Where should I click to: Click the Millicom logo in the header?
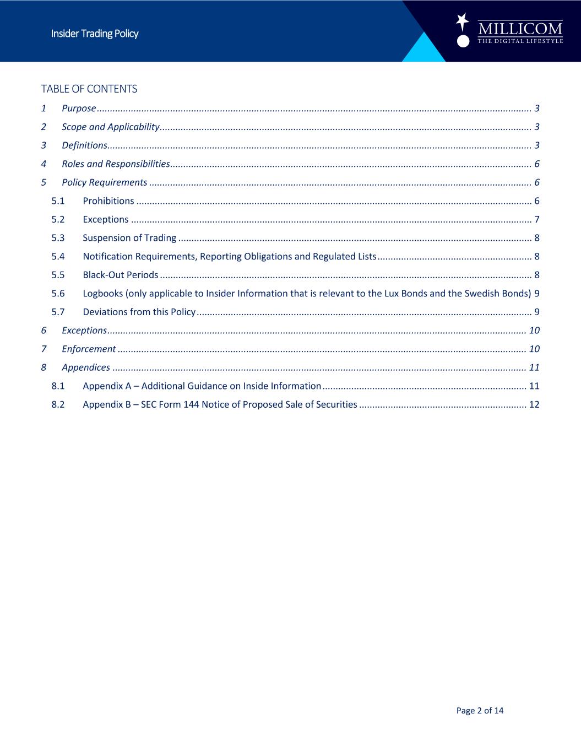(510, 31)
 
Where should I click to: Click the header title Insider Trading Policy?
(95, 34)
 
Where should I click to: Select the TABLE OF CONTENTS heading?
(89, 89)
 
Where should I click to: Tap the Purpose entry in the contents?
(79, 108)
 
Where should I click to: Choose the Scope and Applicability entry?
(110, 127)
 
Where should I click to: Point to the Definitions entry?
(84, 145)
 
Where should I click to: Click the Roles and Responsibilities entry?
(115, 164)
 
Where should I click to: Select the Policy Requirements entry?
(104, 182)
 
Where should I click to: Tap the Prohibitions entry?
(108, 201)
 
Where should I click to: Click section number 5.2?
(58, 219)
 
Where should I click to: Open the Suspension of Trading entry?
(129, 238)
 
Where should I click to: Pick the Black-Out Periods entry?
(120, 275)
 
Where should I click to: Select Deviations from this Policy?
(139, 312)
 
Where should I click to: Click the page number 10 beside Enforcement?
(534, 349)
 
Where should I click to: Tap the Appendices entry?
(85, 367)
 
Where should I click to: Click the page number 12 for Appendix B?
(534, 404)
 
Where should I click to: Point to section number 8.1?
(58, 386)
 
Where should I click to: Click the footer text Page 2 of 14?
(480, 711)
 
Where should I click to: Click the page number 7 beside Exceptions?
(536, 219)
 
